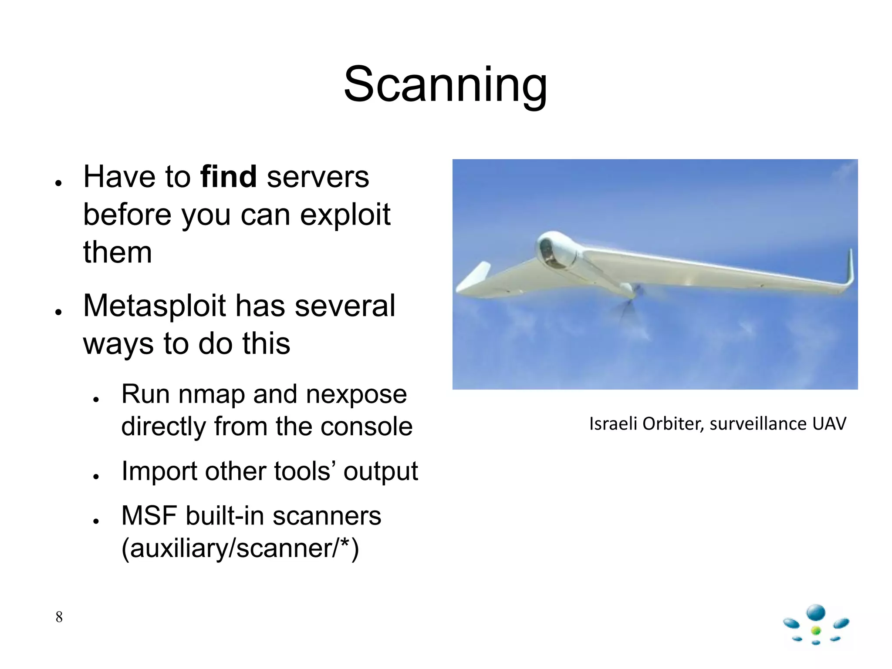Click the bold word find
coord(228,177)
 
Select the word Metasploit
coord(154,306)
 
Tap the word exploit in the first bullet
coord(345,215)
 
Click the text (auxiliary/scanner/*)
coord(240,548)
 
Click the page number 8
coord(59,617)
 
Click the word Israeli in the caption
coord(613,424)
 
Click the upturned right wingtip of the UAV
coord(850,268)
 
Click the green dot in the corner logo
coord(816,630)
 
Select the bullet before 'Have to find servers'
coord(58,183)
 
